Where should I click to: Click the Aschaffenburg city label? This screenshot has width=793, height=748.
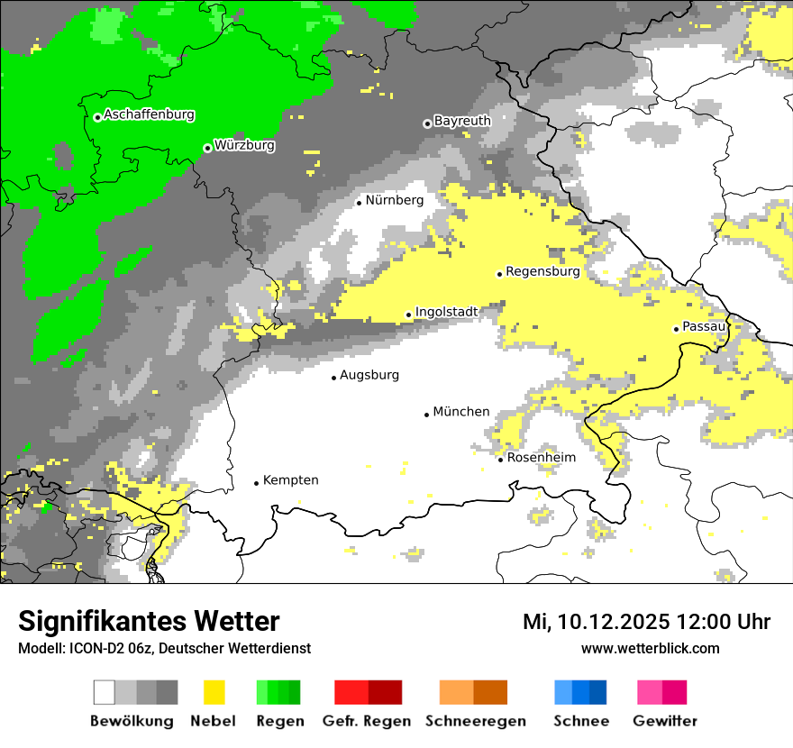[149, 115]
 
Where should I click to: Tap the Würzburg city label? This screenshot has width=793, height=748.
[244, 145]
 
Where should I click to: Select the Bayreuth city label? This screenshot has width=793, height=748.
[462, 121]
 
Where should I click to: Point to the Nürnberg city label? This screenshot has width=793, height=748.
[394, 200]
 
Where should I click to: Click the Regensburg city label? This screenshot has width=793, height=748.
[542, 271]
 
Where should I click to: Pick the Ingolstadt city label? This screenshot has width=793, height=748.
[446, 312]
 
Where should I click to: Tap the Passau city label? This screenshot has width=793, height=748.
[704, 326]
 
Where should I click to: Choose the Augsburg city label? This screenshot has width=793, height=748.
[369, 375]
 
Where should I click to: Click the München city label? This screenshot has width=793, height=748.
[461, 412]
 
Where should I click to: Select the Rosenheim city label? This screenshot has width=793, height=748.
[542, 458]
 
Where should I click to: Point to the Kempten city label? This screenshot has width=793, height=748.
[290, 480]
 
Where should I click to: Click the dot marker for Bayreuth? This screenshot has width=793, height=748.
[427, 123]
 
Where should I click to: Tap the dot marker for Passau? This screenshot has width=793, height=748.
[676, 329]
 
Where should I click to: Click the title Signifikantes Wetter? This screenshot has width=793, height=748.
[149, 622]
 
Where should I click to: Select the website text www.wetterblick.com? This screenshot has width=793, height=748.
[650, 648]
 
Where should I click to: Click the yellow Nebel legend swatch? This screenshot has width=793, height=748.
[214, 692]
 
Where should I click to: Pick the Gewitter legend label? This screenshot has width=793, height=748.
[665, 721]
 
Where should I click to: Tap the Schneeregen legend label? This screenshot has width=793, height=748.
[476, 721]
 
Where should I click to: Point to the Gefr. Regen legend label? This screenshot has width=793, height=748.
[367, 721]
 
